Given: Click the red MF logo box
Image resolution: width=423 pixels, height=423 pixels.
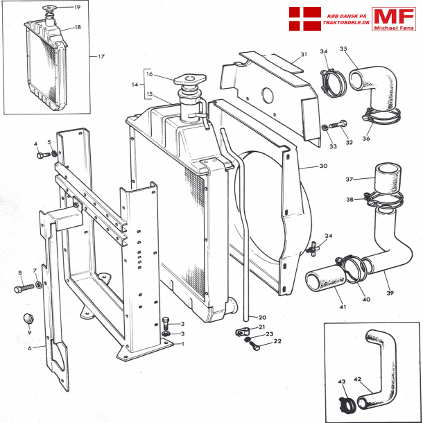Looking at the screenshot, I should coord(393,20).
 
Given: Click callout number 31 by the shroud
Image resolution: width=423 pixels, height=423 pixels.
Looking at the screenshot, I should coord(303,55).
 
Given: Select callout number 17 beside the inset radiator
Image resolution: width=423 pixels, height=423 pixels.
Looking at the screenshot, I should coord(101,56).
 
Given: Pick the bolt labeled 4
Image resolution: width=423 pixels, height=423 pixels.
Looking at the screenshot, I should coord(41,155).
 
